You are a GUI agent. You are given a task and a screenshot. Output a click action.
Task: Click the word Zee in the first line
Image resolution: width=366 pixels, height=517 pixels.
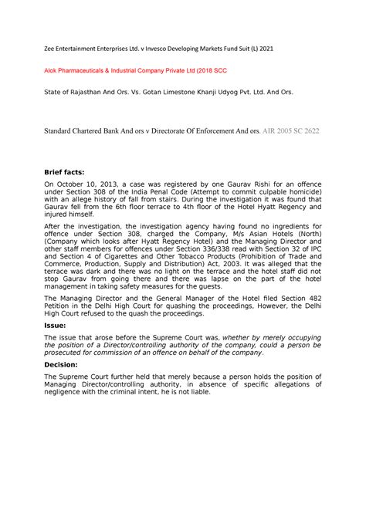(x=48, y=48)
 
